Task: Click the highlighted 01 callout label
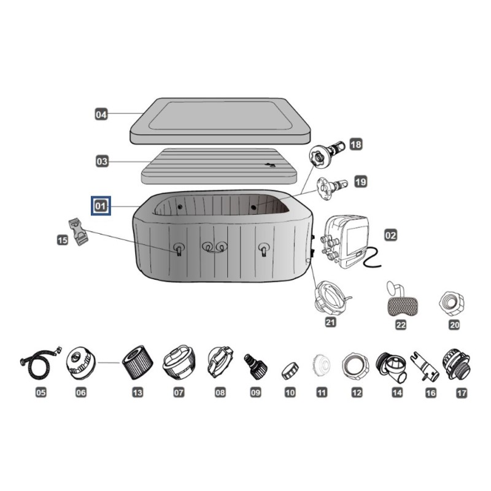(101, 206)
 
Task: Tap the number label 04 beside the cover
(101, 114)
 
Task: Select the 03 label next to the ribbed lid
(102, 161)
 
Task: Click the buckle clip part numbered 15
(79, 232)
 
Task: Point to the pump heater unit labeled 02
(348, 241)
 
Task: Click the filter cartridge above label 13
(137, 363)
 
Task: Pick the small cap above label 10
(290, 371)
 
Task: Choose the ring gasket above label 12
(356, 366)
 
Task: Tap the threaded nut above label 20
(452, 303)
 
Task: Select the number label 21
(330, 322)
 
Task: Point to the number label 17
(462, 393)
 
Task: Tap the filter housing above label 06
(81, 363)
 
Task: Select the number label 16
(431, 393)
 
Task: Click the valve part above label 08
(220, 361)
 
